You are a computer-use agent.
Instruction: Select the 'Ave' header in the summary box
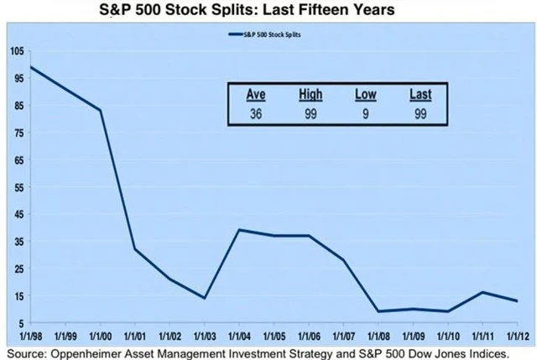pos(256,95)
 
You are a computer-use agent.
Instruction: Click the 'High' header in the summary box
pos(310,95)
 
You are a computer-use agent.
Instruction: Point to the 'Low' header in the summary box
pos(366,95)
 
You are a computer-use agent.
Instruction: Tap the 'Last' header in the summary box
pos(420,95)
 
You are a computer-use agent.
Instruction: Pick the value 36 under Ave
pos(256,113)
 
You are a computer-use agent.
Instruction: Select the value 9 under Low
pos(366,113)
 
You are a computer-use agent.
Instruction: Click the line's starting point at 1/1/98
pos(31,67)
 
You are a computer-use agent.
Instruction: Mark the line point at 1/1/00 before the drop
pos(101,111)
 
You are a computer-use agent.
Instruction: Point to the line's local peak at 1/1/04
pos(239,230)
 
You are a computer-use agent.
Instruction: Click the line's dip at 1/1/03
pos(205,298)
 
